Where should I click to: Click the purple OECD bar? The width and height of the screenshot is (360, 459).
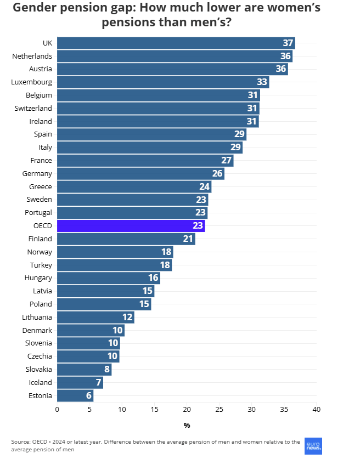pyautogui.click(x=131, y=226)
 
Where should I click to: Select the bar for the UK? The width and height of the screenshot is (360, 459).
pyautogui.click(x=176, y=43)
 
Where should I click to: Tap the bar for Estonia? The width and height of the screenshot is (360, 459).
pyautogui.click(x=75, y=395)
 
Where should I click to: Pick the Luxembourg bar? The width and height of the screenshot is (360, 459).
pyautogui.click(x=163, y=82)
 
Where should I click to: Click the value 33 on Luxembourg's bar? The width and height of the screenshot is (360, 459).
pyautogui.click(x=262, y=82)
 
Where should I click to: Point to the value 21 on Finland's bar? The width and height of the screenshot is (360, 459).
pyautogui.click(x=188, y=239)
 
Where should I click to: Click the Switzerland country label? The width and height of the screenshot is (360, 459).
pyautogui.click(x=33, y=109)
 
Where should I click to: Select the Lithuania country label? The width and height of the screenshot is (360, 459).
pyautogui.click(x=37, y=317)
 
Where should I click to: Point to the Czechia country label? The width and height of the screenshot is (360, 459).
pyautogui.click(x=40, y=356)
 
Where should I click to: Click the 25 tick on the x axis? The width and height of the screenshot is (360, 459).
pyautogui.click(x=219, y=409)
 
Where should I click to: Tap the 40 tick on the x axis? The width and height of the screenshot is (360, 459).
pyautogui.click(x=316, y=409)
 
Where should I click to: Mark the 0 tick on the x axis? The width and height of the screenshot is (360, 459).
pyautogui.click(x=57, y=409)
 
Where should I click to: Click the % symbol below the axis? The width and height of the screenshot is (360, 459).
pyautogui.click(x=187, y=425)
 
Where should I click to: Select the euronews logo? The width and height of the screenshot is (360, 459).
pyautogui.click(x=313, y=445)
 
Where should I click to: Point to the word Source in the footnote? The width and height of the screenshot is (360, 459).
pyautogui.click(x=21, y=441)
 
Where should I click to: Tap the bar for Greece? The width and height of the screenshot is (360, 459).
pyautogui.click(x=134, y=187)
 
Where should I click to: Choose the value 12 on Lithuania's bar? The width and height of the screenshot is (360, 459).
pyautogui.click(x=127, y=318)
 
